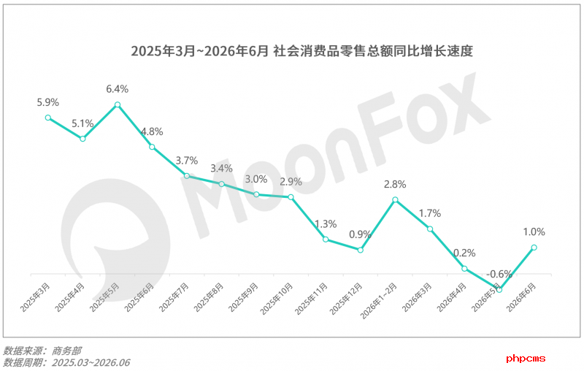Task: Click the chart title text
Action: click(x=301, y=50)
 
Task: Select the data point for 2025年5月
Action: click(x=118, y=104)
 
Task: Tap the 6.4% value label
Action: click(x=118, y=89)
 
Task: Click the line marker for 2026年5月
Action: click(x=499, y=289)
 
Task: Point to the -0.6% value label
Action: click(x=499, y=274)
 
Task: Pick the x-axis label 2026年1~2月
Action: click(x=379, y=301)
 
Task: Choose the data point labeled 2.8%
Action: click(x=395, y=199)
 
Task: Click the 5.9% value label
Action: click(x=48, y=102)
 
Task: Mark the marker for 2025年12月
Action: click(x=360, y=250)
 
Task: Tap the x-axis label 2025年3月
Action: click(x=35, y=297)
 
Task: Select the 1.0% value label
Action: click(x=534, y=232)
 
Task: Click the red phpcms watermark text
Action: click(x=526, y=359)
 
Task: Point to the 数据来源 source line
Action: click(x=42, y=351)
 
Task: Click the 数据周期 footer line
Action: click(x=66, y=362)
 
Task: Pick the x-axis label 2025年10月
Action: click(x=277, y=299)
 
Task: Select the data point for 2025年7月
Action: click(x=187, y=176)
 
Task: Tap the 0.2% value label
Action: click(x=464, y=253)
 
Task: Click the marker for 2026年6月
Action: click(x=534, y=248)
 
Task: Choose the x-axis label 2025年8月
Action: click(x=209, y=297)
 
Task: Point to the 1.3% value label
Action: click(x=326, y=224)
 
